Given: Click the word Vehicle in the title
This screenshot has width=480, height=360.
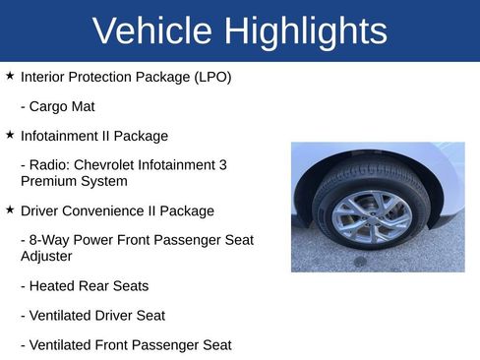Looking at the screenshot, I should [152, 31].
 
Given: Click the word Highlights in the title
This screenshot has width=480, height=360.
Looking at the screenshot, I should [305, 31].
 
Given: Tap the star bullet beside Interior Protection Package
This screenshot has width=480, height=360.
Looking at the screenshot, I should [10, 75].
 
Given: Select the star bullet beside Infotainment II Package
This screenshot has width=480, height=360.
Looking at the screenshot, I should [10, 134].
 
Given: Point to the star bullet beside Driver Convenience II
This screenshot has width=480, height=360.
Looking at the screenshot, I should [10, 209].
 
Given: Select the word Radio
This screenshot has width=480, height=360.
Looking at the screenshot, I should [49, 164].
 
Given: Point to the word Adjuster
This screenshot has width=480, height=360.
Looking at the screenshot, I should [48, 256].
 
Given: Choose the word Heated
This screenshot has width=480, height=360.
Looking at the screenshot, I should [55, 286].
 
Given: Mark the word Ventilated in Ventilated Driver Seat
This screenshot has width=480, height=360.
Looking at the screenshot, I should [62, 316].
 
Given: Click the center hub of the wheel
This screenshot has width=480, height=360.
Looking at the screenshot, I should [372, 218].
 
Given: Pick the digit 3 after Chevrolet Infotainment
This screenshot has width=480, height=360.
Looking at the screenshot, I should [223, 164].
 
